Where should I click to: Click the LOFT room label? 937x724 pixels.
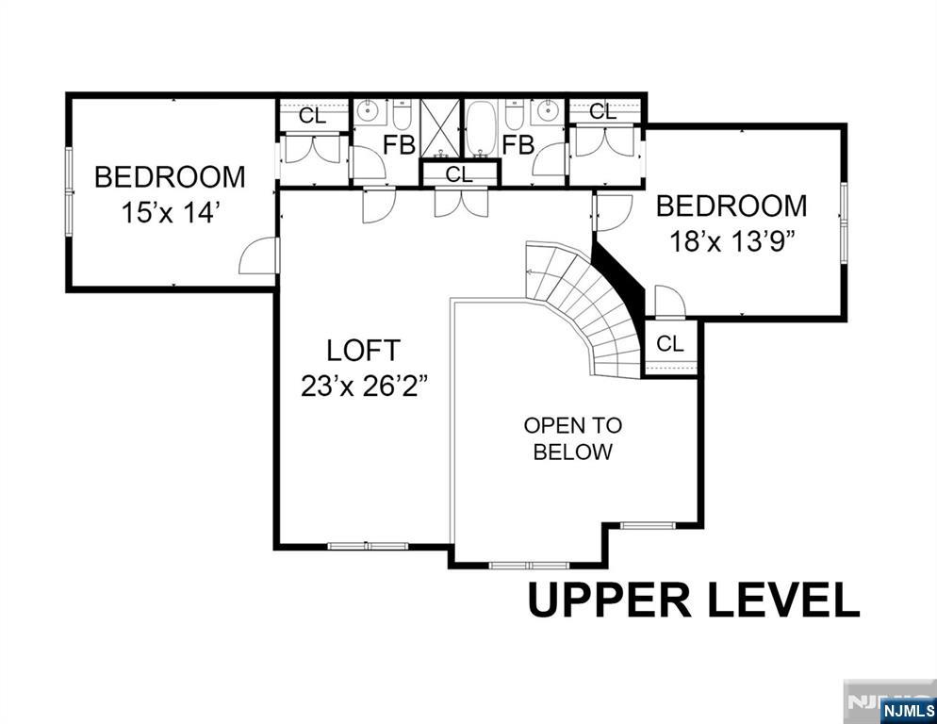coord(363,351)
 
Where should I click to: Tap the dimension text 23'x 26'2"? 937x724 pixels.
coord(365,387)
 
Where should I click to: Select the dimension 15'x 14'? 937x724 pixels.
coord(168,212)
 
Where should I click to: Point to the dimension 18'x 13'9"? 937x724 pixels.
coord(732,241)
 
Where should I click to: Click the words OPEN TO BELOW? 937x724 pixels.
coord(572,438)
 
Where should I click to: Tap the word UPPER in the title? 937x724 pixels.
coord(610,601)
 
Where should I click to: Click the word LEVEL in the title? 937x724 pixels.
coord(784,601)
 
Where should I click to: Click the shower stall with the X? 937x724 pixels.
coord(441,128)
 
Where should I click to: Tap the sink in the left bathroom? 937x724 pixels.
coord(365,110)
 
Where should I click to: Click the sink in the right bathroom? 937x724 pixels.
coord(547,110)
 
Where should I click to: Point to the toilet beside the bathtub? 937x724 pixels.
coord(514,115)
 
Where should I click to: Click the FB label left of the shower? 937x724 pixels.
coord(399,144)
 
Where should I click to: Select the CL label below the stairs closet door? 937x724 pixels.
coord(669,344)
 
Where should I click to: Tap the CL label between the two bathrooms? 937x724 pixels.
coord(459,174)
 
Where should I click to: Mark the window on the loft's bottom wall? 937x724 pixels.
coord(368,545)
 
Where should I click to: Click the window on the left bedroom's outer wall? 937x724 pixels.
coord(69,191)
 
